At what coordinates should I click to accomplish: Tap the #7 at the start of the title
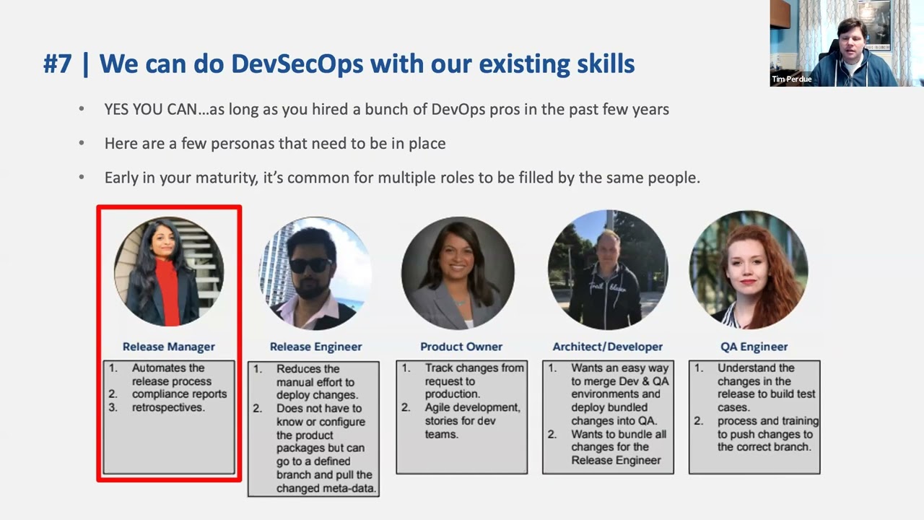pos(57,64)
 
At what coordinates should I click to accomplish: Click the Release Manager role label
pos(168,347)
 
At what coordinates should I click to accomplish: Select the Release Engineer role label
pos(315,347)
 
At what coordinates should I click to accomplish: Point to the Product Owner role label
pos(461,347)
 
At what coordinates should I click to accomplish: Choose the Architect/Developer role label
pos(607,347)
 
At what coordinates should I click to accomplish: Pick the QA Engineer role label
pos(754,347)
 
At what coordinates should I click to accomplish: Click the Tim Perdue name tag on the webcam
pos(792,79)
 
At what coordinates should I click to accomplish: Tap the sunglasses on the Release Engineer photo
pos(311,265)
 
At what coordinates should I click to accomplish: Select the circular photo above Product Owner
pos(458,273)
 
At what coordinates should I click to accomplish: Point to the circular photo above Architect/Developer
pos(607,270)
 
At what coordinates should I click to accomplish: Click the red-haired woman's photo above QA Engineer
pos(749,270)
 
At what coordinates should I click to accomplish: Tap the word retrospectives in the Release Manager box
pos(168,407)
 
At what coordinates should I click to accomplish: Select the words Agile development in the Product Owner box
pos(472,408)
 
